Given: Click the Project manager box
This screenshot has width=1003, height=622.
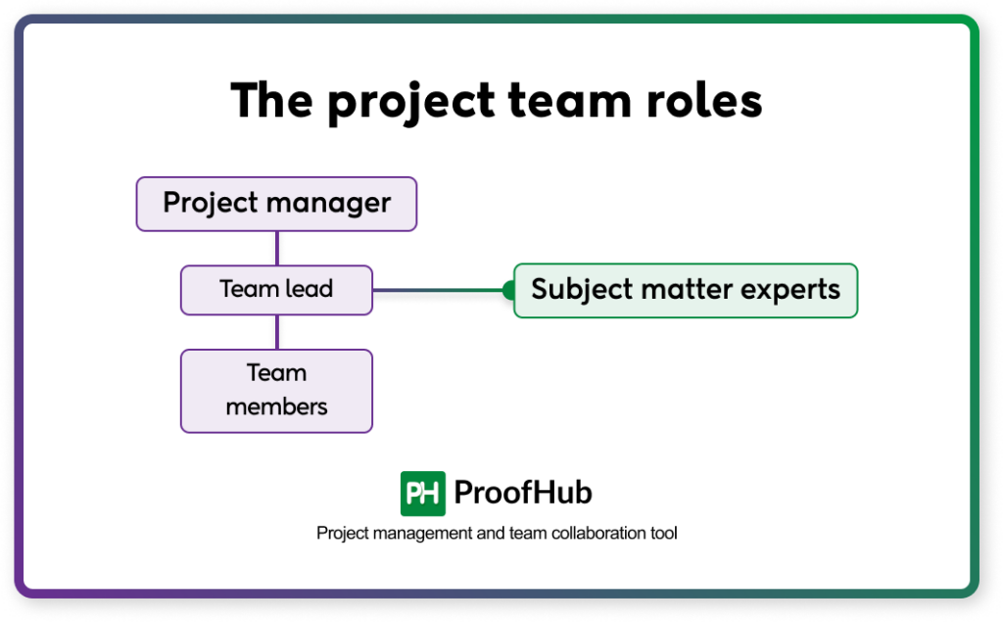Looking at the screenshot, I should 276,204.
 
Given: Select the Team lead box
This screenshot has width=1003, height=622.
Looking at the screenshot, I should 276,290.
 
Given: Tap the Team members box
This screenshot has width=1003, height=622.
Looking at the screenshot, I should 276,391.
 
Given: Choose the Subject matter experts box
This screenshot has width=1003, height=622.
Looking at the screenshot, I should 686,290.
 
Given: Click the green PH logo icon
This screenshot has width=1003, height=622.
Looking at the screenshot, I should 423,494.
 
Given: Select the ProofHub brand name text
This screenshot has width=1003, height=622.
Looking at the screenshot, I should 523,494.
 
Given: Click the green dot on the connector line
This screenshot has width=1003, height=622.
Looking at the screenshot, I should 508,290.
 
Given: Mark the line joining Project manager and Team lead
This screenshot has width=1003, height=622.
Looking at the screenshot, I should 277,248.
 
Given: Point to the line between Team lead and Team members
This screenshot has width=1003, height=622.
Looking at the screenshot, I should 277,332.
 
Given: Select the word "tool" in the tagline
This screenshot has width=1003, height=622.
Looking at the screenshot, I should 663,534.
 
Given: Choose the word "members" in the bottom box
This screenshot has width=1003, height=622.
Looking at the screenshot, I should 276,406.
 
